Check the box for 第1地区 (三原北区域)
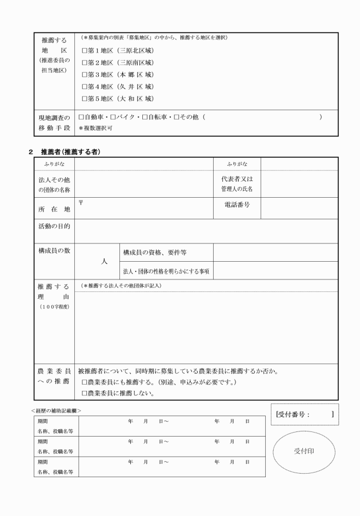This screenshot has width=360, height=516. point(85,50)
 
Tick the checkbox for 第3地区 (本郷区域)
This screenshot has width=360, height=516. point(85,74)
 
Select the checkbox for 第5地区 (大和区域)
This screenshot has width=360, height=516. point(85,98)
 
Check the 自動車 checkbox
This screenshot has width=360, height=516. point(81,117)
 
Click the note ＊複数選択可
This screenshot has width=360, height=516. point(95,128)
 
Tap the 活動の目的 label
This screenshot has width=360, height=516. point(54,227)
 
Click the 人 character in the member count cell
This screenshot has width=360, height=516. point(104,261)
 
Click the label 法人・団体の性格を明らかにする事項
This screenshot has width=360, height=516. point(166,270)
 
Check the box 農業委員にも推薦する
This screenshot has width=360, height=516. point(85,382)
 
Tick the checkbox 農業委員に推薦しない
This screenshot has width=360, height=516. point(85,393)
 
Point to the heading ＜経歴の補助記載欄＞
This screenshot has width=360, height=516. point(56,410)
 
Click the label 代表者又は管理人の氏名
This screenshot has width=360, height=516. point(237,183)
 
